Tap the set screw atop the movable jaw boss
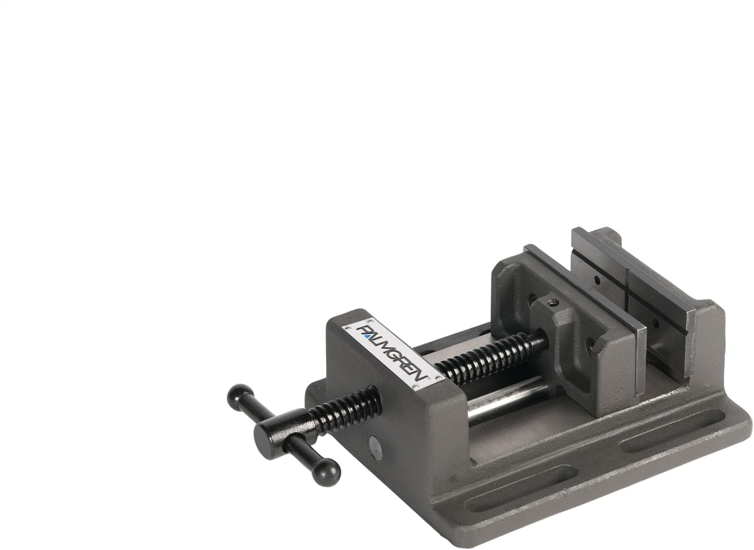552,303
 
